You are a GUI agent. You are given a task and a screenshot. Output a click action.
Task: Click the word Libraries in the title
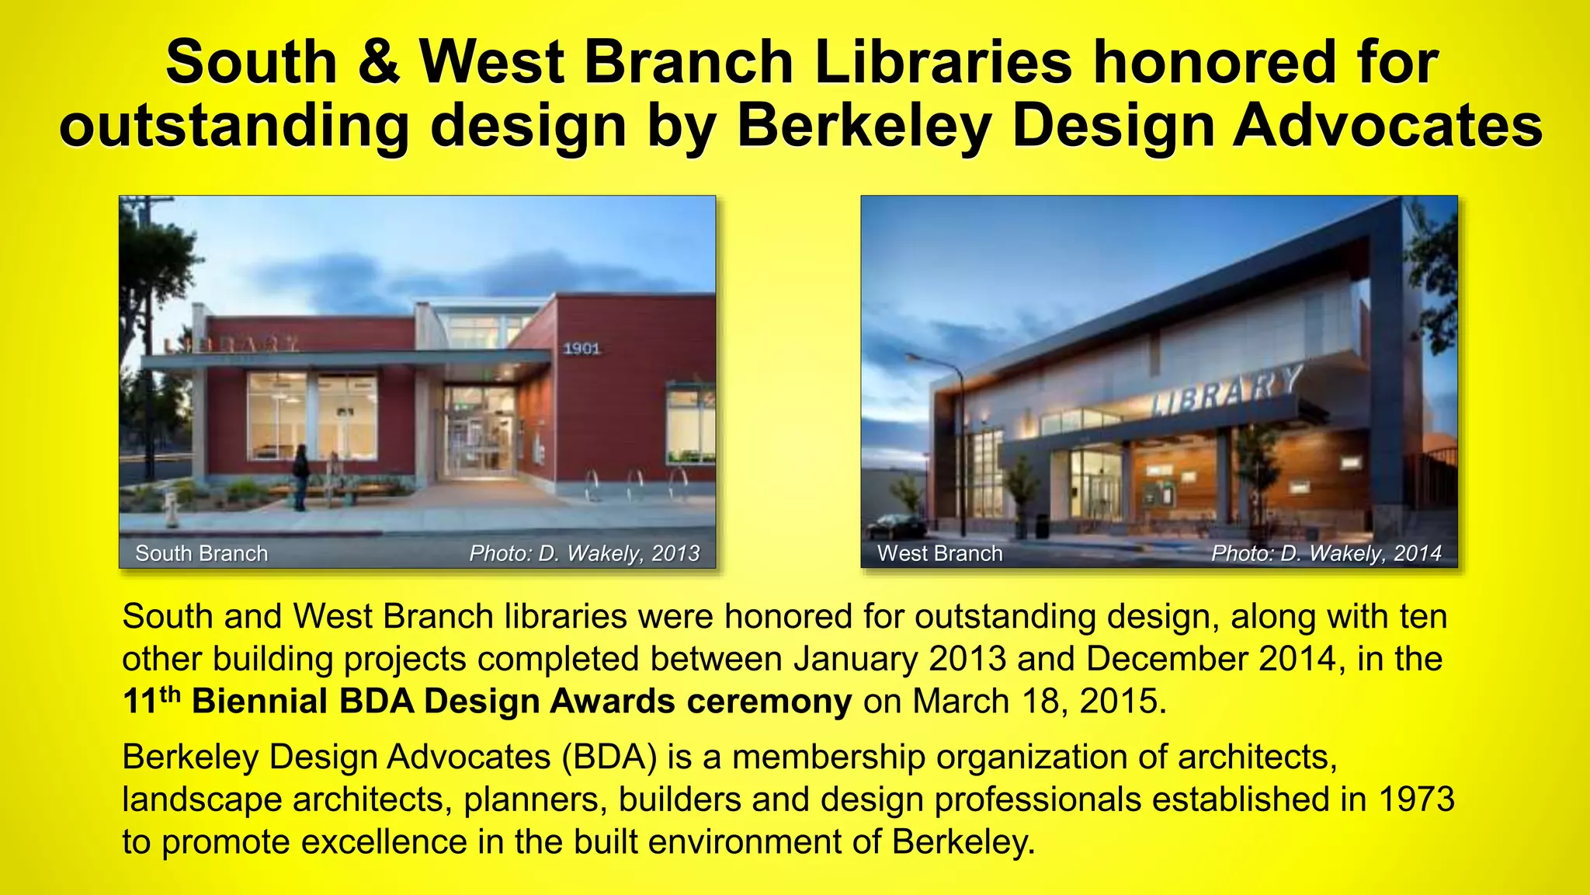943,62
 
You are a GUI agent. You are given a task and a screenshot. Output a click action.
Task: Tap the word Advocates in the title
1387,126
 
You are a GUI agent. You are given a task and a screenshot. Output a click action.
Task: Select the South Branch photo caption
201,553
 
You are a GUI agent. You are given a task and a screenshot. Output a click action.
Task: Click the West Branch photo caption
939,553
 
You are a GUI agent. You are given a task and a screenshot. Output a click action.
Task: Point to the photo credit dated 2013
584,553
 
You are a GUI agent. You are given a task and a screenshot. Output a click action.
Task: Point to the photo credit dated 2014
1326,553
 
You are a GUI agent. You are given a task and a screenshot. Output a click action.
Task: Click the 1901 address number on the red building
581,349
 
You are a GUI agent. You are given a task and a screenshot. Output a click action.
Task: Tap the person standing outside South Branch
300,475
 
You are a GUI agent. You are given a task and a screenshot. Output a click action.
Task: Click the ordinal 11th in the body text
151,700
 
